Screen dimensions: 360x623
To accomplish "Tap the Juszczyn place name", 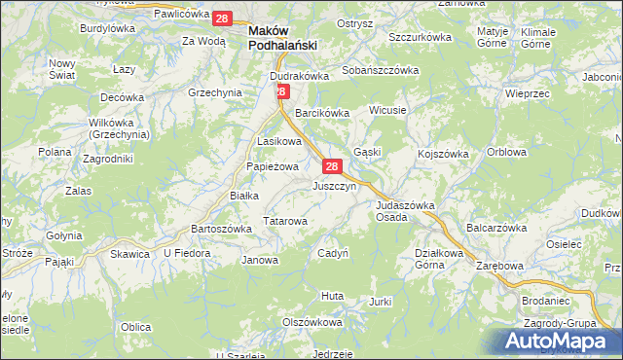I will [x=334, y=186].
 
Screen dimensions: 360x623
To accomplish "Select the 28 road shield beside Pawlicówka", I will [x=223, y=18].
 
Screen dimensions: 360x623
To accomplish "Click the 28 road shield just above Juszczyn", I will [x=332, y=166].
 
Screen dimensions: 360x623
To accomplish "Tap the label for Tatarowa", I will [x=285, y=222].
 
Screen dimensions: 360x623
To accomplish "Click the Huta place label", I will [x=332, y=295].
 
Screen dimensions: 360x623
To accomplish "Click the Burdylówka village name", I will [x=107, y=29].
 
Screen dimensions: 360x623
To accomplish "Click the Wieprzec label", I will [x=530, y=93].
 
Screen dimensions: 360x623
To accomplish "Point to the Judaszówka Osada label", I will [x=404, y=211].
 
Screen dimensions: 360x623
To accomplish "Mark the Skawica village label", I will [x=129, y=254].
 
